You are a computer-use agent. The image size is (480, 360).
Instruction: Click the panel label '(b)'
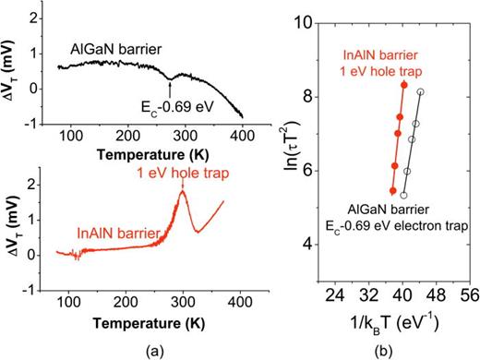[x=398, y=350]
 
